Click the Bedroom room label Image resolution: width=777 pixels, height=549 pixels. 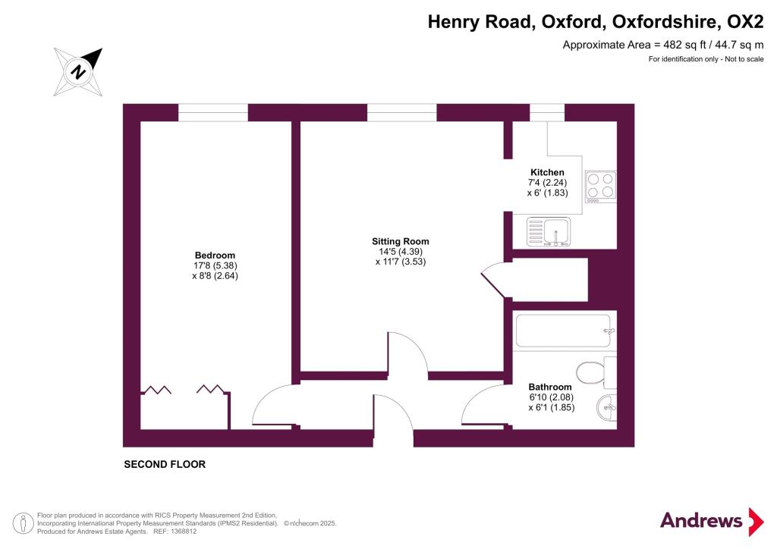[215, 256]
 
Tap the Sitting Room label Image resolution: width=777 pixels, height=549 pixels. [401, 242]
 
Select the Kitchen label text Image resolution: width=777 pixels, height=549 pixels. [547, 172]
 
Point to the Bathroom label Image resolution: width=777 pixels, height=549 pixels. [550, 387]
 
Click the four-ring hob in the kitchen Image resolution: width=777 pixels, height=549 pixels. [601, 186]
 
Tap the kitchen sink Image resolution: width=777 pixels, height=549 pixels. [549, 232]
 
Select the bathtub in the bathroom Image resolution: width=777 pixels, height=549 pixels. [565, 331]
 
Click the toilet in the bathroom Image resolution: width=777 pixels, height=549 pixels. [596, 372]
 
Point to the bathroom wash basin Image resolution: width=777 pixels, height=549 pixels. [607, 409]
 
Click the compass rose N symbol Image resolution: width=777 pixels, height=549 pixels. [78, 72]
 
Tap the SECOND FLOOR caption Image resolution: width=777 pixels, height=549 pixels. [165, 464]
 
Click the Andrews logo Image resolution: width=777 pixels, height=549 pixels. [712, 521]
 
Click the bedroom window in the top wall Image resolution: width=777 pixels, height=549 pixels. [213, 112]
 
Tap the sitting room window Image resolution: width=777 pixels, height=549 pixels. [402, 112]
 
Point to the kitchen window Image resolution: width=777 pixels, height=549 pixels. [547, 112]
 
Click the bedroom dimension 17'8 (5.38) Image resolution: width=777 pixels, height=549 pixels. [215, 266]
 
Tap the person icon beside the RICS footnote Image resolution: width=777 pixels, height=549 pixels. [22, 524]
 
